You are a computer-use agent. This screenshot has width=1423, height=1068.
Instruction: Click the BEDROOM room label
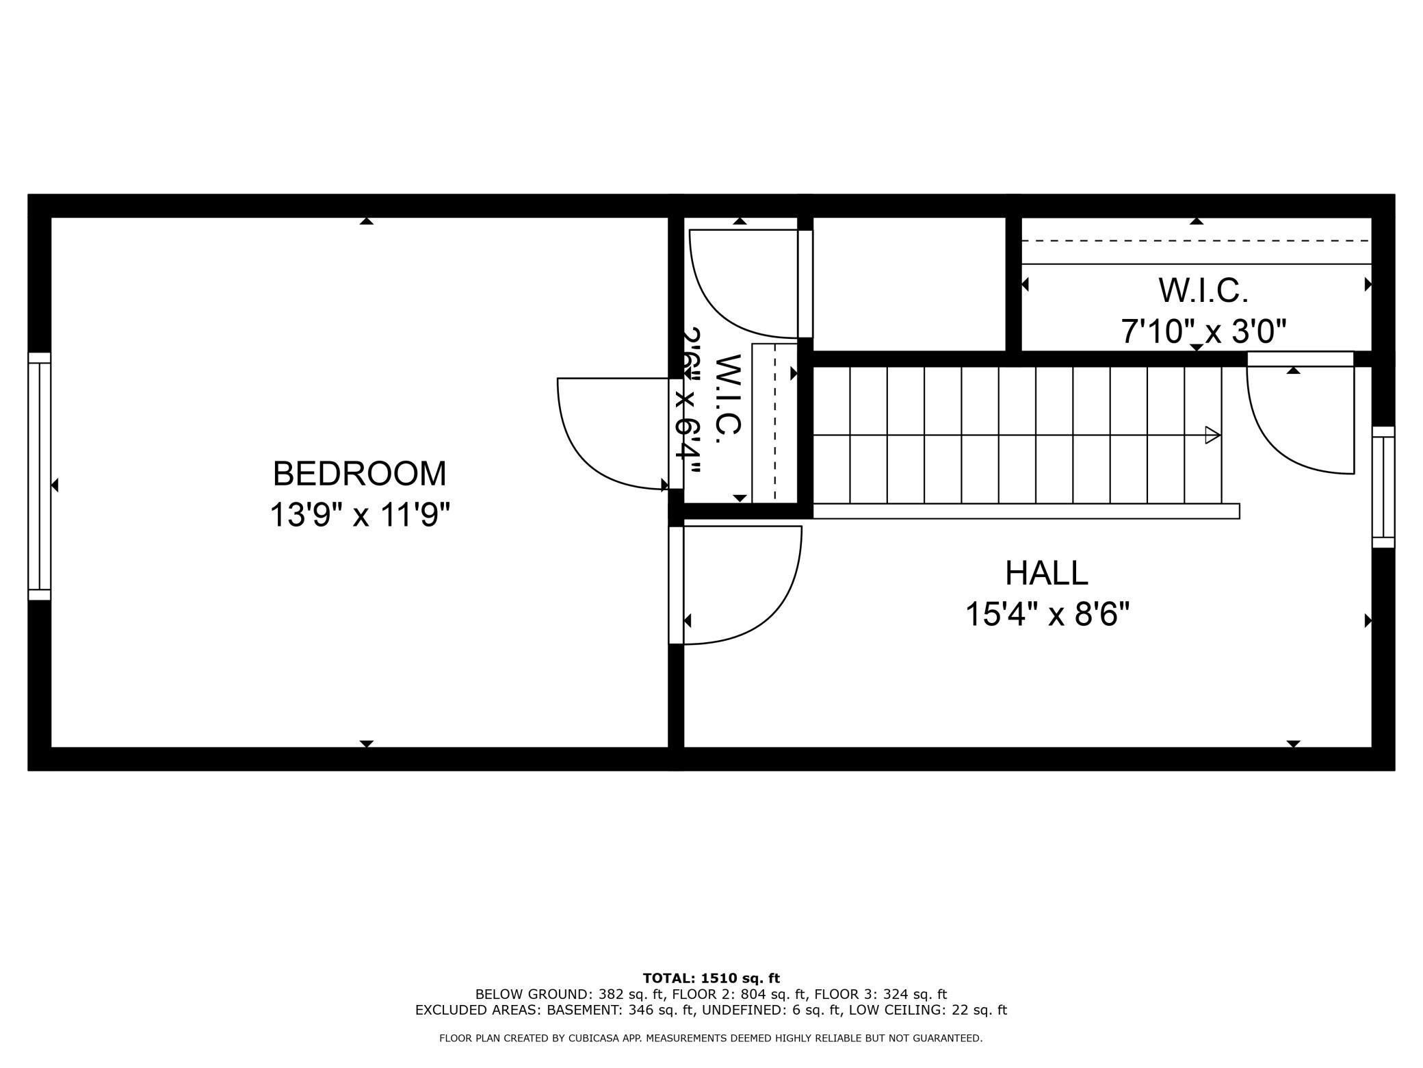click(359, 474)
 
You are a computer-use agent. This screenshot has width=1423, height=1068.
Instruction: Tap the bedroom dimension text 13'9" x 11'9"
click(361, 515)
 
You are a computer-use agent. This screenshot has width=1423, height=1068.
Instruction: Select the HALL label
click(1046, 573)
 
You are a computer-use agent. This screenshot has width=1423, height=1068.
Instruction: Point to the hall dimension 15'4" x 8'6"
click(1047, 614)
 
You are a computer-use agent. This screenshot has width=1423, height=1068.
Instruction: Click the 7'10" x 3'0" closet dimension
click(1203, 332)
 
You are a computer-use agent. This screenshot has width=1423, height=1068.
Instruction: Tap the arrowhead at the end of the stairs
click(1212, 435)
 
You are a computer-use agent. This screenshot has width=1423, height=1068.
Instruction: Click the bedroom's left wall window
click(39, 476)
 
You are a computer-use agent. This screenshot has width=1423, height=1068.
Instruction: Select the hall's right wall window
click(1383, 487)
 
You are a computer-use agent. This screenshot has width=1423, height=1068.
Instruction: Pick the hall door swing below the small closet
click(759, 602)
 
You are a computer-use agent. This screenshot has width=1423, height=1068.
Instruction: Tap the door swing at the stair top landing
click(1286, 438)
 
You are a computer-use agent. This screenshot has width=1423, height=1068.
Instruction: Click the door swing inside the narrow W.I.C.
click(725, 301)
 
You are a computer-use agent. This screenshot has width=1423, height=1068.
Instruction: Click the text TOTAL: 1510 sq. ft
click(711, 978)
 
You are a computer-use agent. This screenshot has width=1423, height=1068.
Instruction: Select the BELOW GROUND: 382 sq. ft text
click(571, 994)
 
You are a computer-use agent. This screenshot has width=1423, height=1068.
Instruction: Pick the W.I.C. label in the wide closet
click(1203, 291)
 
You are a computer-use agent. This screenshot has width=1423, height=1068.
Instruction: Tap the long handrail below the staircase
click(1026, 511)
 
